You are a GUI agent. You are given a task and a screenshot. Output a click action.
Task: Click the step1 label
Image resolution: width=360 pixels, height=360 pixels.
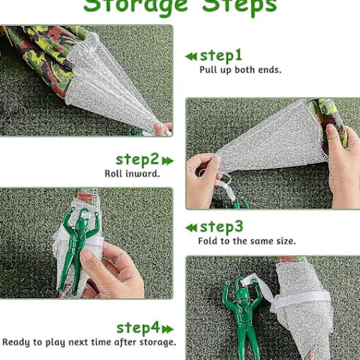[221, 56]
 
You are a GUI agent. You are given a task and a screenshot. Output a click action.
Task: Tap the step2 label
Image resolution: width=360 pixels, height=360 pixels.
[137, 160]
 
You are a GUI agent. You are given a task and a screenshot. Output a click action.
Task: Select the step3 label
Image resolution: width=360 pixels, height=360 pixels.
[221, 227]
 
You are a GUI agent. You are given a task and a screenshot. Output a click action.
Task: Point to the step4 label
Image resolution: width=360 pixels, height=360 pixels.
[138, 328]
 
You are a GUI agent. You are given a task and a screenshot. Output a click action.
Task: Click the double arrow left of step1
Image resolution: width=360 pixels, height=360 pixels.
[191, 56]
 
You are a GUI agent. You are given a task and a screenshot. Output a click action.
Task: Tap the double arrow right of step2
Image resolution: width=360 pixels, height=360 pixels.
[167, 161]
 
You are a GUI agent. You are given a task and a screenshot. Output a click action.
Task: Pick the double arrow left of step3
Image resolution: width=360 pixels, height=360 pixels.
[191, 228]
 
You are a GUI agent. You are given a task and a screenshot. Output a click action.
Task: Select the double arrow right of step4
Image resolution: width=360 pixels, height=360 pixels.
[167, 329]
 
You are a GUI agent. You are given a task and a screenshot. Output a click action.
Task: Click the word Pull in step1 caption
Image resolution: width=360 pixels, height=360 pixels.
[208, 70]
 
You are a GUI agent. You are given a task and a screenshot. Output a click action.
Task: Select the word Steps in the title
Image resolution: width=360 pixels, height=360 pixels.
[239, 6]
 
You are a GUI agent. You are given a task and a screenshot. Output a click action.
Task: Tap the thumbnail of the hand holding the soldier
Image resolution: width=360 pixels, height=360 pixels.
[87, 256]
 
